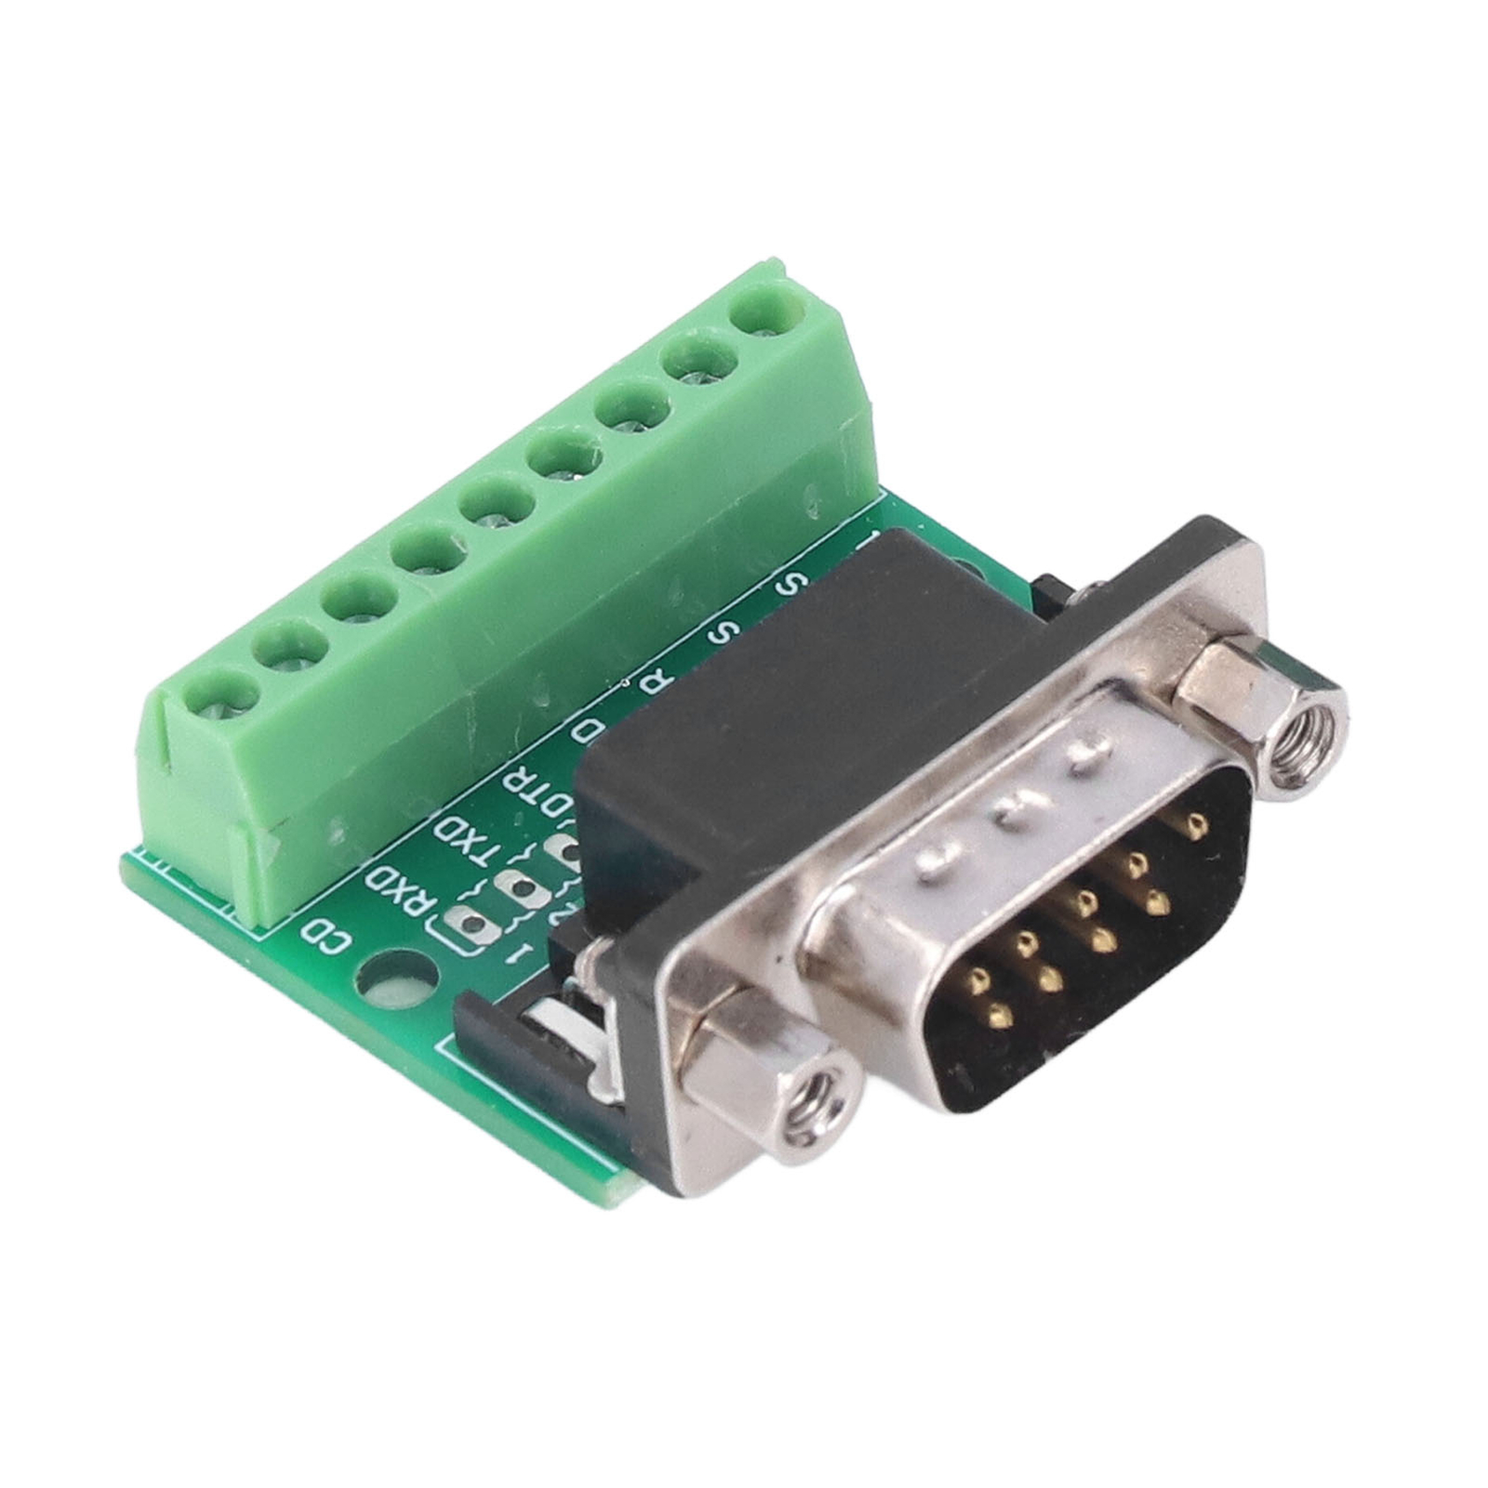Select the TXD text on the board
pos(465,839)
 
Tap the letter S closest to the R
pos(723,633)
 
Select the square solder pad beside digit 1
pos(471,925)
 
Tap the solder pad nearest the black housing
pos(564,848)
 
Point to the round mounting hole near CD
pos(392,985)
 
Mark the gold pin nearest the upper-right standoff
pos(1192,822)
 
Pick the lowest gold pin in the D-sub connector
pos(1000,1016)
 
